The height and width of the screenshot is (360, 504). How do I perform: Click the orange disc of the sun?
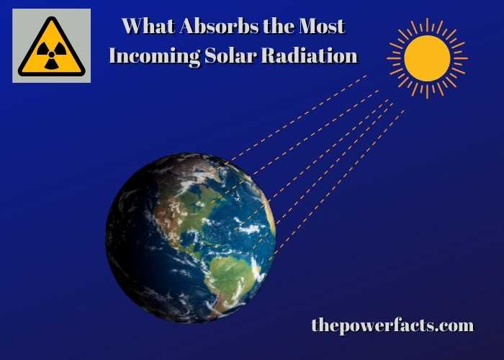tap(427, 58)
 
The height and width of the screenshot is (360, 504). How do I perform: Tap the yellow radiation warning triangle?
tap(51, 47)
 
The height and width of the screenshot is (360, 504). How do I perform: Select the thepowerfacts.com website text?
tap(392, 325)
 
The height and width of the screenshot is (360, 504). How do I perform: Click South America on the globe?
tap(232, 279)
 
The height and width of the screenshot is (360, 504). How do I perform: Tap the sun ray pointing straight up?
tap(427, 24)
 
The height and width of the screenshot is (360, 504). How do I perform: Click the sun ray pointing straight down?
tap(427, 91)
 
